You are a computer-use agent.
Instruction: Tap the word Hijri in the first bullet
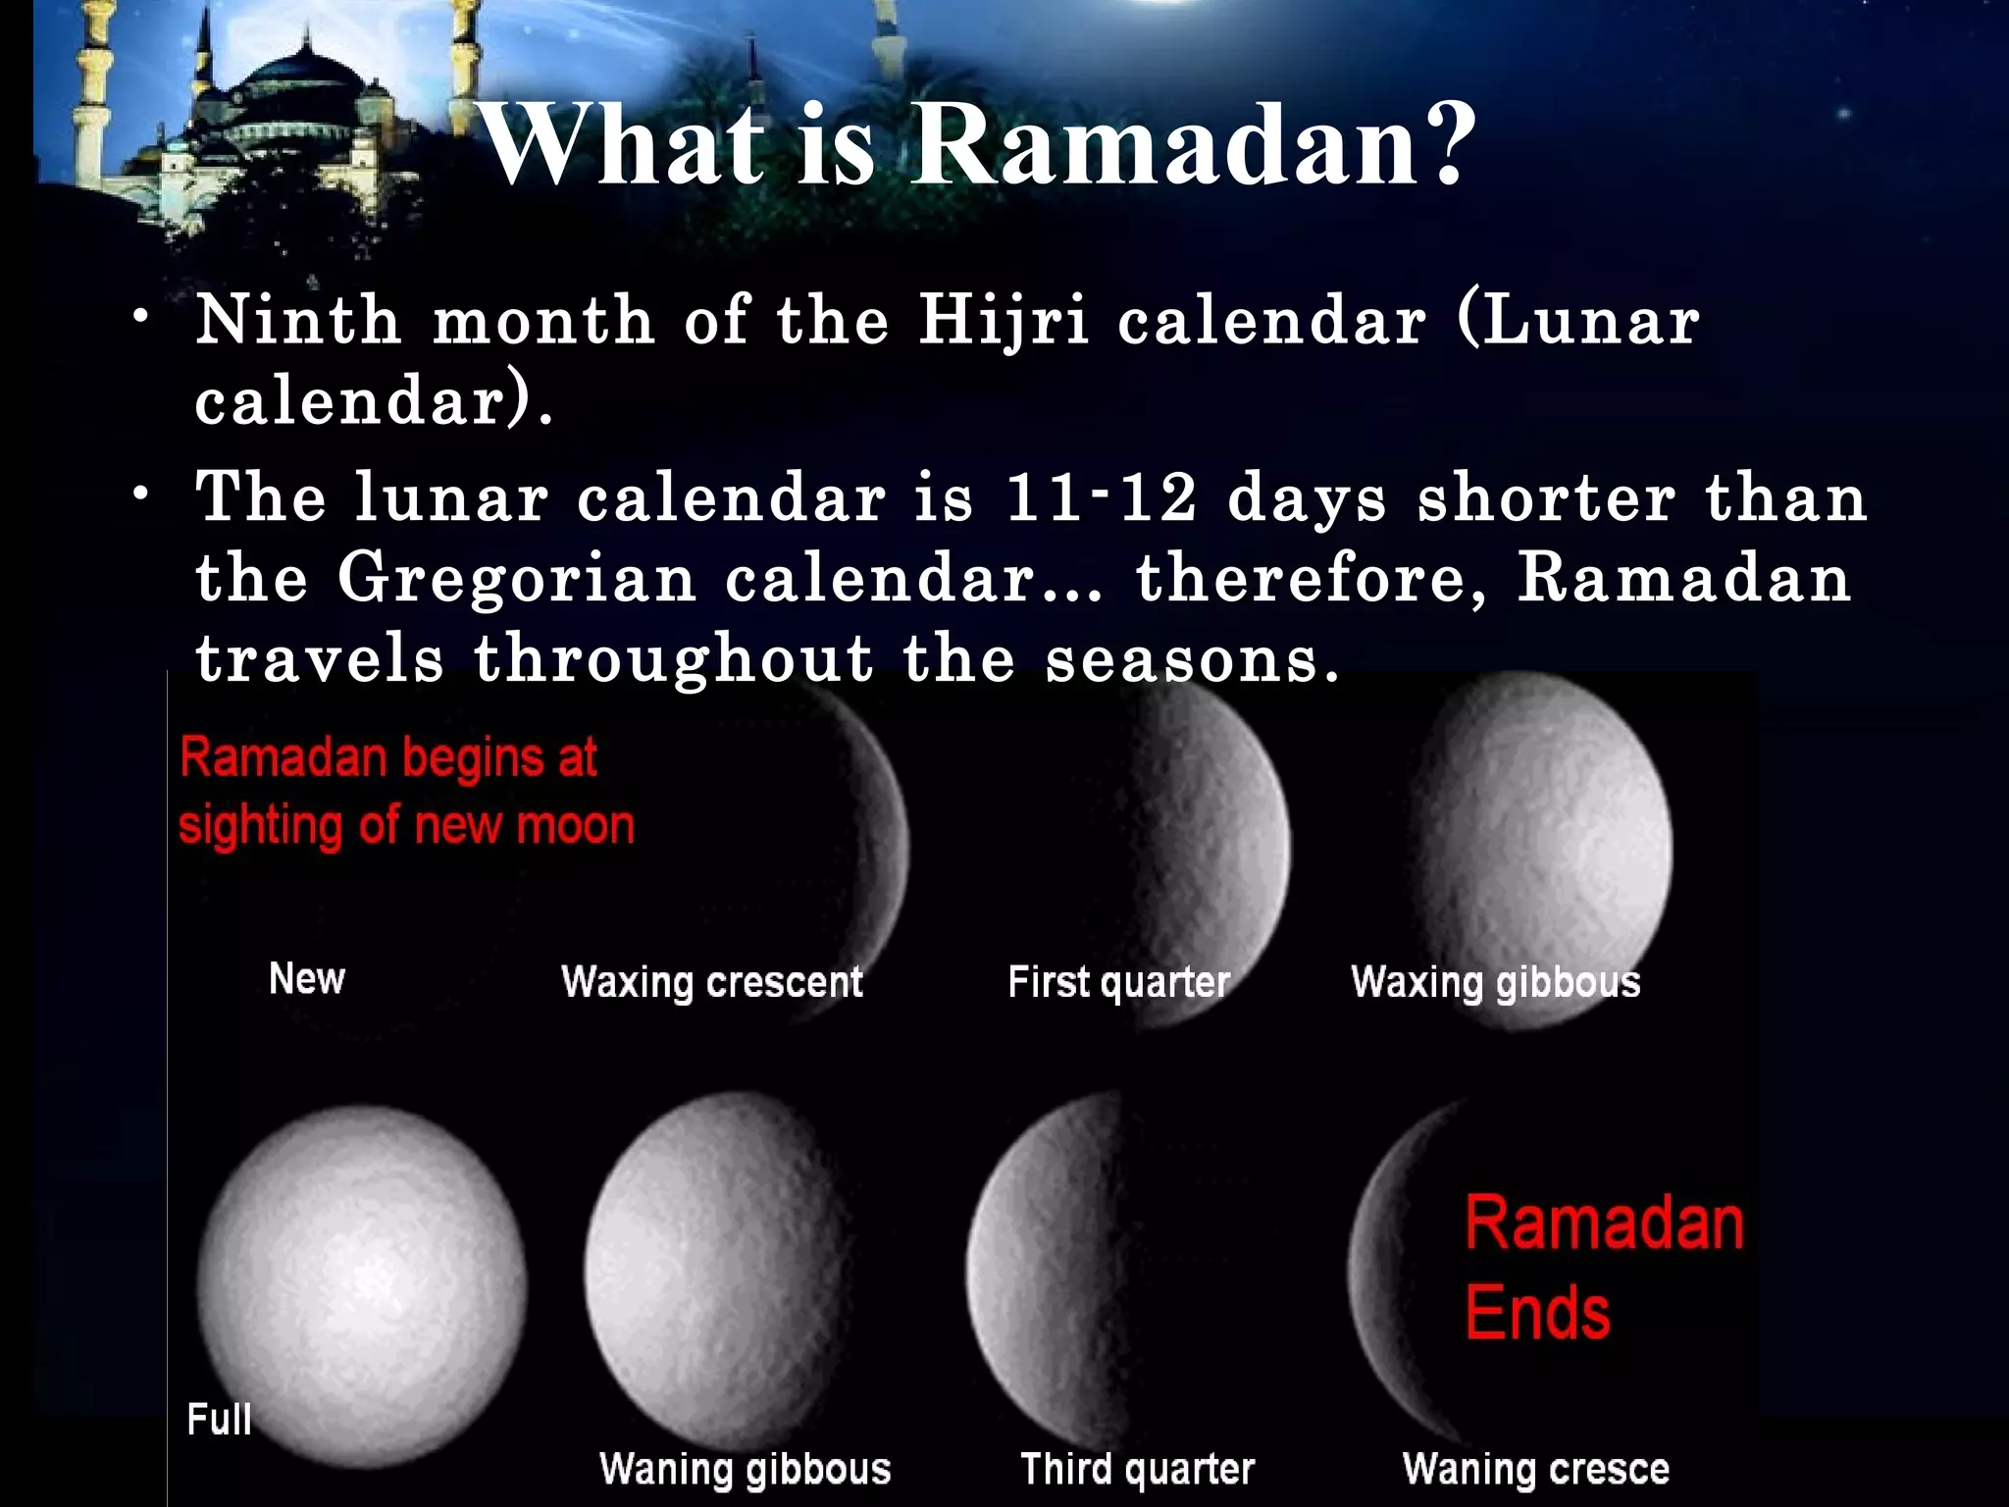pos(1004,321)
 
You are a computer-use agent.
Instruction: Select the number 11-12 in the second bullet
pos(1102,497)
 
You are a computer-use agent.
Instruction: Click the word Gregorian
pos(517,578)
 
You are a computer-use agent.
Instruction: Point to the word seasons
pos(1191,658)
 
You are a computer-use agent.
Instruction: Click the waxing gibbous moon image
pos(1540,844)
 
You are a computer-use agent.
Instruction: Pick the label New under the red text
pos(307,978)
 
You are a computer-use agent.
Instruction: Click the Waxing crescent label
pos(712,982)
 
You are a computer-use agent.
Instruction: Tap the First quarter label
pos(1119,982)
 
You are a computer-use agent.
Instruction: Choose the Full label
pos(219,1419)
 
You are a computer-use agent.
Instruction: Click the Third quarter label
pos(1137,1469)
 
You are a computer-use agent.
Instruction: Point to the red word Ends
pos(1537,1313)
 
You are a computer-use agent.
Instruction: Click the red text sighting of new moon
pos(406,825)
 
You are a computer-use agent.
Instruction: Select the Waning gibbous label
pos(745,1469)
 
